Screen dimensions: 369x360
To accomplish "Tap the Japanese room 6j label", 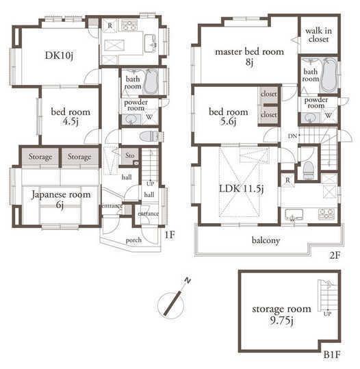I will pos(61,199).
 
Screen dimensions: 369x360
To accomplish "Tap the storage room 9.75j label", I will pos(281,313).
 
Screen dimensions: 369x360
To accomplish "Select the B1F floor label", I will pos(331,356).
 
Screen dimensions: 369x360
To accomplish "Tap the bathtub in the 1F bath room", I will pos(152,82).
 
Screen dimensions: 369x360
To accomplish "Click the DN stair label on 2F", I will pos(292,136).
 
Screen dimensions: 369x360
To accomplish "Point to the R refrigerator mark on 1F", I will pos(110,25).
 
